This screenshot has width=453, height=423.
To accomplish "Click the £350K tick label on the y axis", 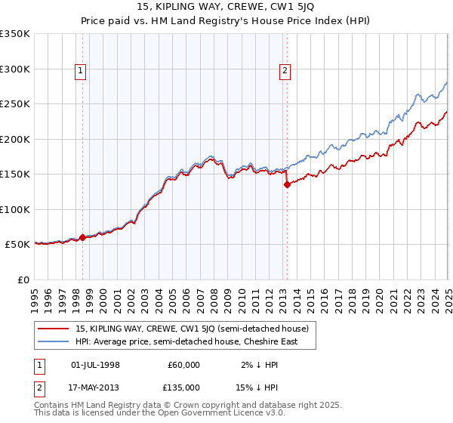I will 15,34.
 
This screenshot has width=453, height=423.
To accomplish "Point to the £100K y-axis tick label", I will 15,209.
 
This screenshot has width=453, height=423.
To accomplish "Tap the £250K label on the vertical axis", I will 15,104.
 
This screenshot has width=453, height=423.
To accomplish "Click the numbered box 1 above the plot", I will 80,72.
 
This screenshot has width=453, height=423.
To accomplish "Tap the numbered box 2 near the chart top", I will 285,72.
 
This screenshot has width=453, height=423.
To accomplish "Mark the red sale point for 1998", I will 82,237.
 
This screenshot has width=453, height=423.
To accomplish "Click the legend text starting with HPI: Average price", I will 186,342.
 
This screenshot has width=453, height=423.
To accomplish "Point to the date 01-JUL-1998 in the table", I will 95,365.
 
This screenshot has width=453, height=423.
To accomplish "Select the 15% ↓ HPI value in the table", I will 254,387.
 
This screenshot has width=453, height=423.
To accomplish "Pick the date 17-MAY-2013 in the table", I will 95,387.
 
